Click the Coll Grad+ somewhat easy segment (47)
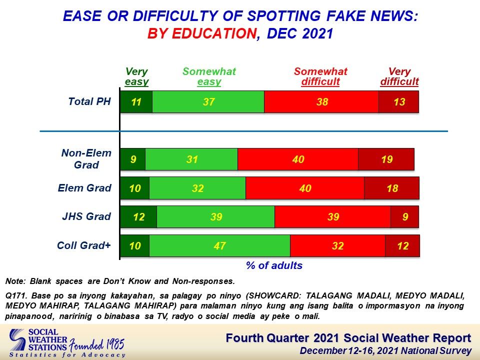(x=220, y=245)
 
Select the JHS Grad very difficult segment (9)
(x=404, y=216)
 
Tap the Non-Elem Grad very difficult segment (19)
(x=386, y=159)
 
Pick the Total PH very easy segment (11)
(x=136, y=101)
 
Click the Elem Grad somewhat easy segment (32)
(x=197, y=188)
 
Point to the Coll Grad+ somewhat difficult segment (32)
(x=338, y=245)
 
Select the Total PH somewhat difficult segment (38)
(x=321, y=101)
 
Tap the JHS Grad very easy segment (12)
(x=138, y=216)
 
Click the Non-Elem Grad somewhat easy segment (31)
(x=191, y=159)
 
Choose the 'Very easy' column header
(x=136, y=76)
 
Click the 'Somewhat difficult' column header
(x=320, y=76)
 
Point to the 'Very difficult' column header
(x=399, y=76)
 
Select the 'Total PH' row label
(x=89, y=101)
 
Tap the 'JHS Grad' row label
(x=86, y=216)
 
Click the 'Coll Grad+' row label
(x=84, y=245)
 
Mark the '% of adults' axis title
(x=274, y=265)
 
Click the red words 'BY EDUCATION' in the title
(x=202, y=33)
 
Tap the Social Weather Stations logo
(x=38, y=340)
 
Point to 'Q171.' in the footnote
(x=17, y=295)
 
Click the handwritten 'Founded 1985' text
(x=96, y=344)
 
